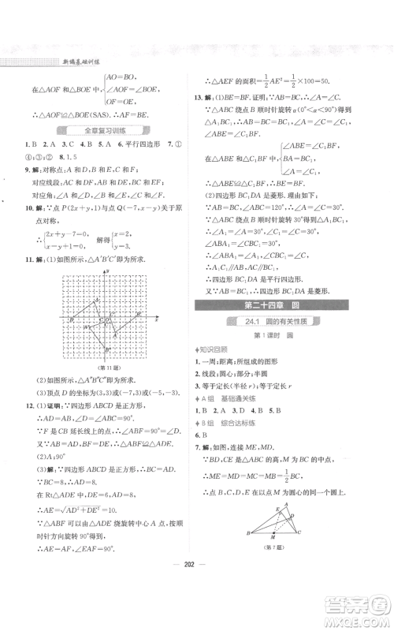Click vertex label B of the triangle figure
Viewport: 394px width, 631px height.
(x=250, y=557)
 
